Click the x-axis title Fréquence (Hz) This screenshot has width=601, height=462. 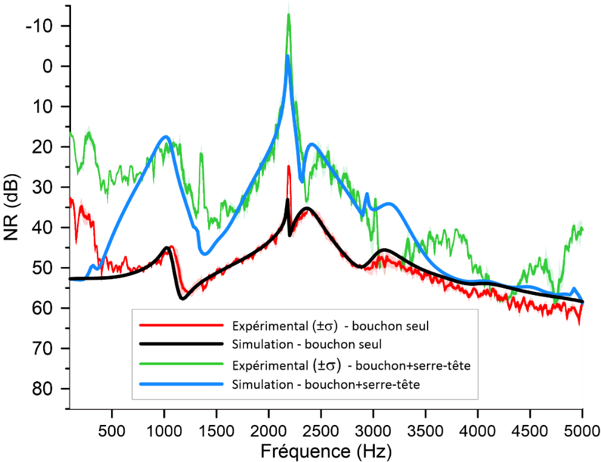[326, 450]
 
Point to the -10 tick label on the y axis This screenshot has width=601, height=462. [40, 26]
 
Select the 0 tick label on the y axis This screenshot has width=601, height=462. [49, 66]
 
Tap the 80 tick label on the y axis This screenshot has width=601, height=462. [43, 389]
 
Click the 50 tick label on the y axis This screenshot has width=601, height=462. [43, 268]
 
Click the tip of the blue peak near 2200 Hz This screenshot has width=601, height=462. [288, 56]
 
